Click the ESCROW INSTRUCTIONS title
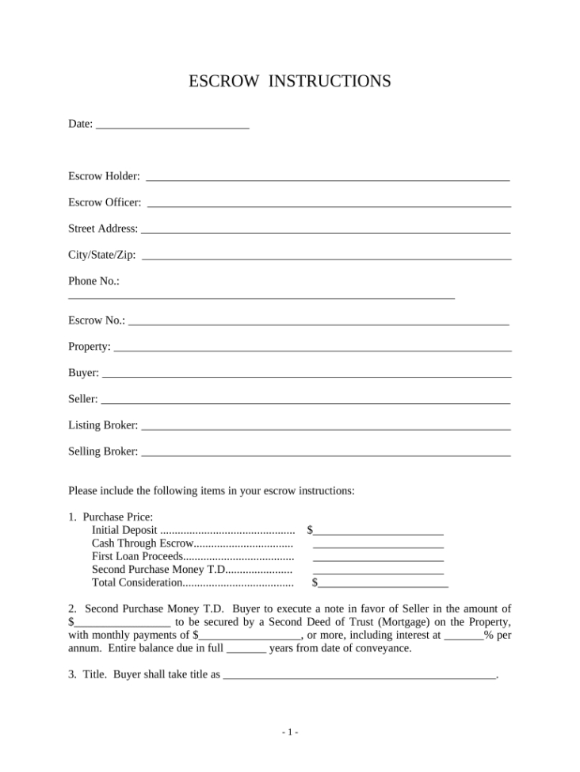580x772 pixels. (290, 81)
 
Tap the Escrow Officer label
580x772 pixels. (105, 202)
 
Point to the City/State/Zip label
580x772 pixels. (101, 255)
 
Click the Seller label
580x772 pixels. (83, 398)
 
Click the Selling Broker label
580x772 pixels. (103, 451)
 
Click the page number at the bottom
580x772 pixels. (290, 732)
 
